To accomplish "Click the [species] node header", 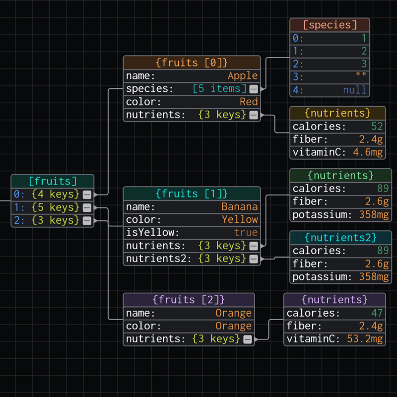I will tap(330, 25).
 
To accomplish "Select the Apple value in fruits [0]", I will tap(243, 76).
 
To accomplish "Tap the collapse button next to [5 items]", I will tap(254, 89).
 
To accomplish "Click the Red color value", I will tap(249, 102).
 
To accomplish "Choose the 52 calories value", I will tap(377, 127).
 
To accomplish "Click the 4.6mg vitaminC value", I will tap(368, 152).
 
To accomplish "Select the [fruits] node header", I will tap(53, 181).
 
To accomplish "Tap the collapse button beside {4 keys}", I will tap(87, 194).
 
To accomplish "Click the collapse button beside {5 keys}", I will tap(87, 207).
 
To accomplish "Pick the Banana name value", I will tap(240, 207).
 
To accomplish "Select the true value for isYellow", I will tap(246, 233).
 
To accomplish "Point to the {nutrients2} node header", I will tap(340, 237).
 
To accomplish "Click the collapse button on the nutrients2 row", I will tap(254, 259).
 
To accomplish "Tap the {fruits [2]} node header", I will tap(189, 300).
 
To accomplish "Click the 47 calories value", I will tap(377, 313).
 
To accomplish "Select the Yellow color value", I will tap(240, 220).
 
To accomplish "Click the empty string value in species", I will tap(361, 77).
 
